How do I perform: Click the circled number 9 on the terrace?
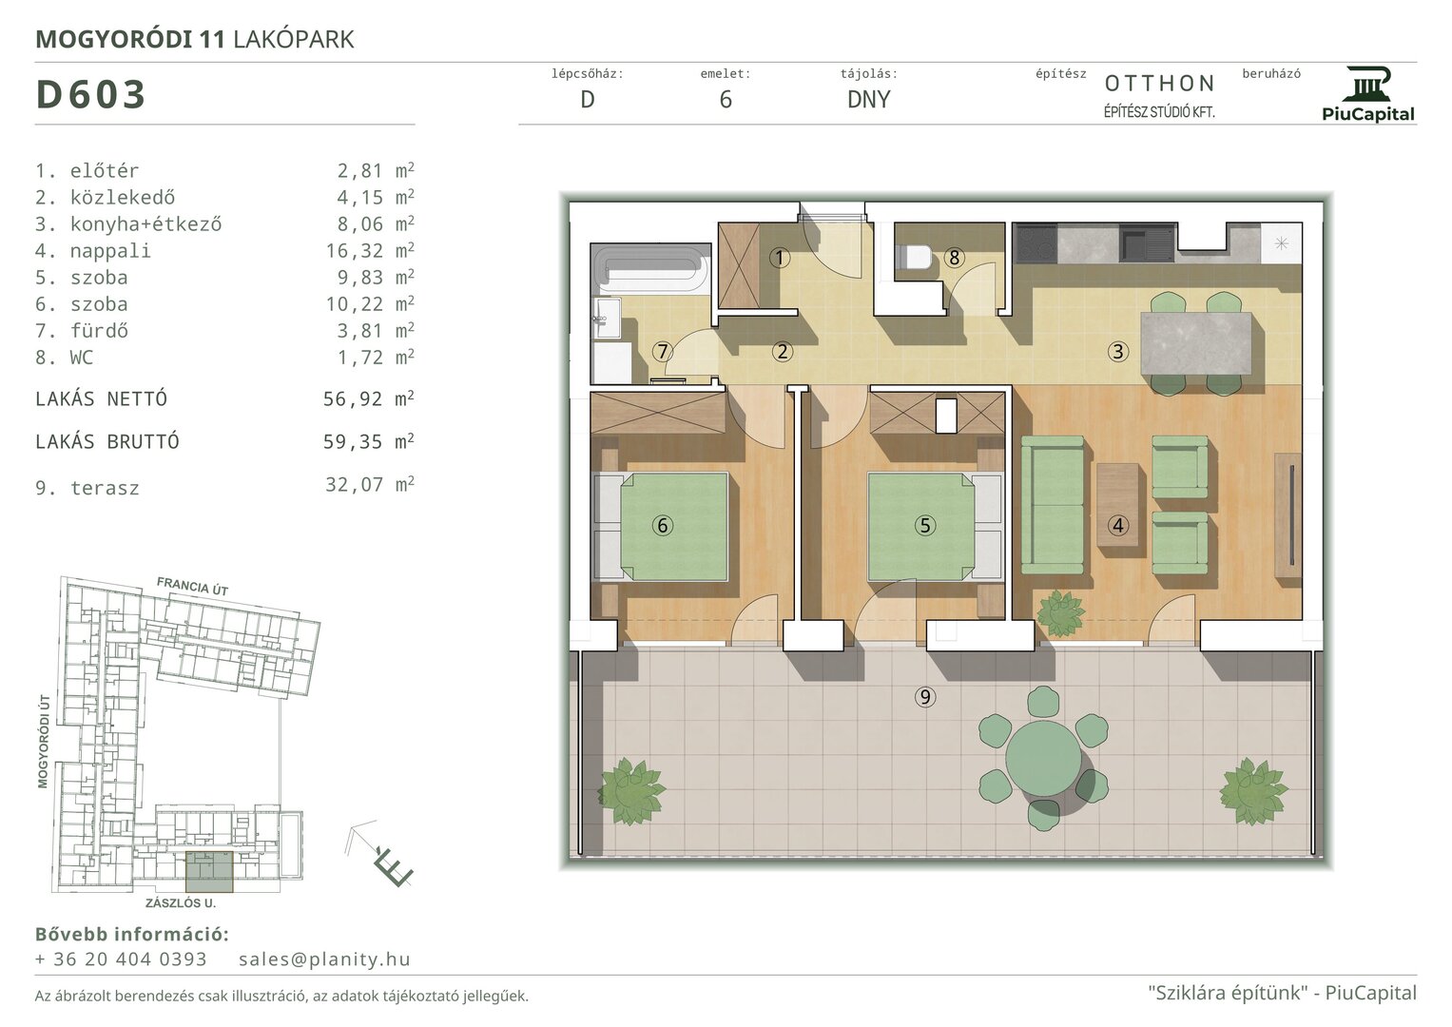tap(925, 697)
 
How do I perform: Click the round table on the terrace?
tap(1044, 757)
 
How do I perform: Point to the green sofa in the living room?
tap(1053, 505)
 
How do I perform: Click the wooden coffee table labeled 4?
tap(1117, 505)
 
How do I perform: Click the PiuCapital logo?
tap(1367, 94)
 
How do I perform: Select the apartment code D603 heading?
tap(90, 95)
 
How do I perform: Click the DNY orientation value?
tap(868, 99)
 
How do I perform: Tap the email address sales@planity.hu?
tap(324, 959)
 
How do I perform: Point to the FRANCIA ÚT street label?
tap(192, 587)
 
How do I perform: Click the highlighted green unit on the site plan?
tap(209, 872)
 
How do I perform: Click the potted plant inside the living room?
tap(1060, 613)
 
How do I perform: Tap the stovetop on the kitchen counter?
tap(1036, 243)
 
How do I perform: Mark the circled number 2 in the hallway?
tap(783, 352)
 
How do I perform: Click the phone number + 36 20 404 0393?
tap(121, 959)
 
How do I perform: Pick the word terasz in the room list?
tap(105, 488)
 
